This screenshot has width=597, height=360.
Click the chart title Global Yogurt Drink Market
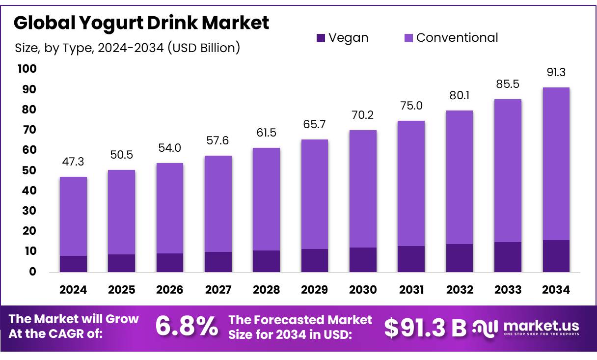[x=141, y=23]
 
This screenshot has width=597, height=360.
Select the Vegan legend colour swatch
[x=321, y=38]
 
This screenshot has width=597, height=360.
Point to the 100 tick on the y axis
[x=27, y=69]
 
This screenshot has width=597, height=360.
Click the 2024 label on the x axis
[x=73, y=290]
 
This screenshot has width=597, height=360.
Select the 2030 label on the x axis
[x=363, y=290]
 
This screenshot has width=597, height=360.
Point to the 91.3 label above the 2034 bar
[x=556, y=73]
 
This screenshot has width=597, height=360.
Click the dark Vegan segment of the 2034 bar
[x=556, y=256]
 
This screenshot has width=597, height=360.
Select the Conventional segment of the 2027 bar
[x=218, y=204]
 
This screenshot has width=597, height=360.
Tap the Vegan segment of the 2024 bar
[x=73, y=264]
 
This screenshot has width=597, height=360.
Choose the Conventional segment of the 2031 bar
[x=411, y=183]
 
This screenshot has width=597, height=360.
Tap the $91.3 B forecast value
[x=425, y=328]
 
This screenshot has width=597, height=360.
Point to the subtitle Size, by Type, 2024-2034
[x=127, y=48]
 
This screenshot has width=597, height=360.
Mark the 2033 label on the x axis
[x=508, y=290]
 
